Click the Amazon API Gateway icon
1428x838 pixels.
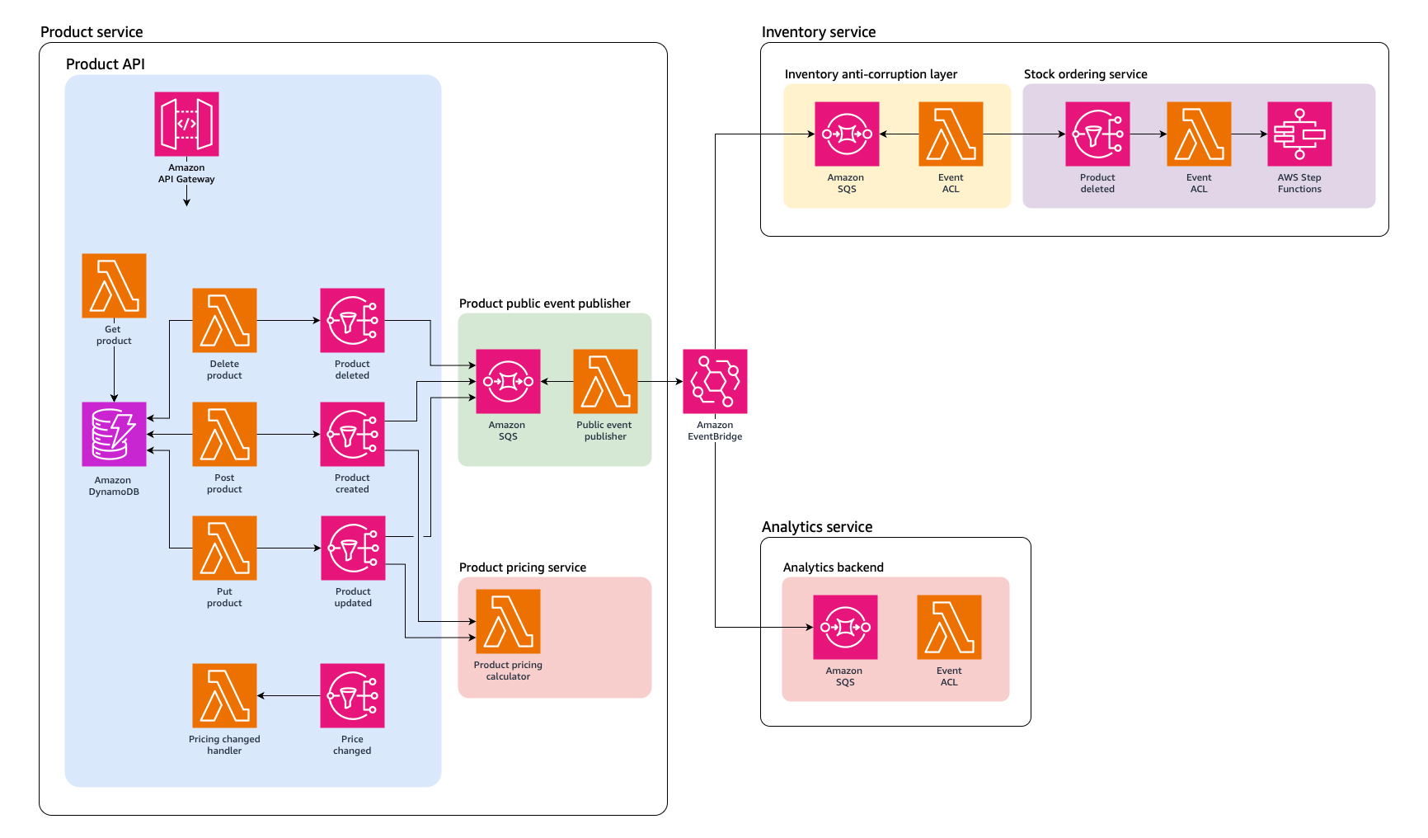click(186, 124)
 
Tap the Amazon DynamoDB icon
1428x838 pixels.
click(114, 434)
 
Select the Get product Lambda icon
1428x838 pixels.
click(114, 285)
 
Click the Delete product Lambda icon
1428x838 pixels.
click(224, 320)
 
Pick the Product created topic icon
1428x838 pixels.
click(352, 434)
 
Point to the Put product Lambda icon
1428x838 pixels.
click(224, 548)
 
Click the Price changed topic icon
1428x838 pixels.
click(352, 695)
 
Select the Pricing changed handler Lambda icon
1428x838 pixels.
click(224, 695)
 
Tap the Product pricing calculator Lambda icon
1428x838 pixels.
click(508, 621)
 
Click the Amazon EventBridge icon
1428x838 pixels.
click(715, 381)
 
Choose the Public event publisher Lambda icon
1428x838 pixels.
click(605, 381)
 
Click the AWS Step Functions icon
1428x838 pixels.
click(1299, 134)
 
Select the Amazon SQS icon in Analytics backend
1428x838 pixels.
click(845, 627)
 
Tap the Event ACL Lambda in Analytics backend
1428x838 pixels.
click(949, 627)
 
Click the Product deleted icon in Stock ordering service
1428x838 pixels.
click(1097, 134)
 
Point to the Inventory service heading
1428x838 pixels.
click(818, 32)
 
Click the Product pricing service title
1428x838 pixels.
click(522, 567)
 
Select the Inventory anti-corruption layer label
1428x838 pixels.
click(871, 74)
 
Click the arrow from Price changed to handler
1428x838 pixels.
click(289, 695)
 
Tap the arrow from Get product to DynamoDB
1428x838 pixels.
click(114, 371)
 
